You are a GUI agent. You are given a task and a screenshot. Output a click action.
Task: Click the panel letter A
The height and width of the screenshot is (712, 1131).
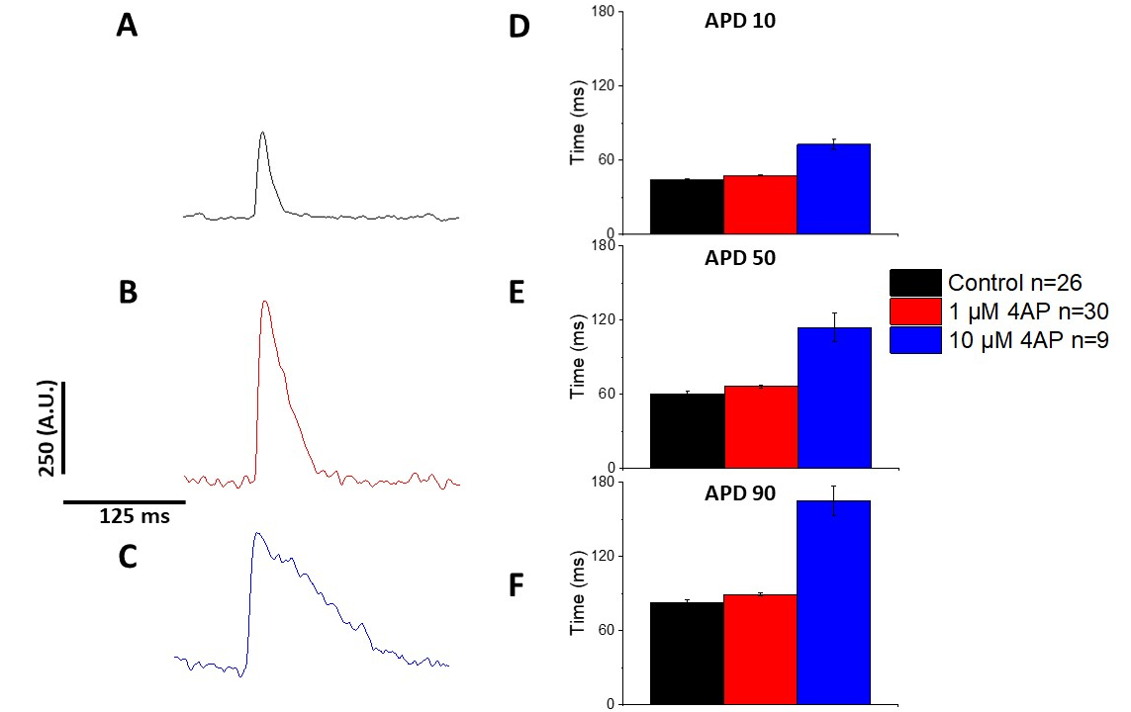(127, 26)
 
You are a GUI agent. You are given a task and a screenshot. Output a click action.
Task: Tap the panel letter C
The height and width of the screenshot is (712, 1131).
(127, 557)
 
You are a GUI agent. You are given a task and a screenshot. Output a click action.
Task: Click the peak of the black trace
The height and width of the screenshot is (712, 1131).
(262, 133)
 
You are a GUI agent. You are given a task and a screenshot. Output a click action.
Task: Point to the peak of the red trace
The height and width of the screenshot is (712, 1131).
(264, 302)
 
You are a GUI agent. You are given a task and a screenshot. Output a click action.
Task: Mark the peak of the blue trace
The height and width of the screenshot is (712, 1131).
(257, 533)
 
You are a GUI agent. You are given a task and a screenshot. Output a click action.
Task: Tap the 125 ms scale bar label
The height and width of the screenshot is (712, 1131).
(134, 516)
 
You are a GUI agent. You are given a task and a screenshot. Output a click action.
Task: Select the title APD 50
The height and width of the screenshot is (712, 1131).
(739, 259)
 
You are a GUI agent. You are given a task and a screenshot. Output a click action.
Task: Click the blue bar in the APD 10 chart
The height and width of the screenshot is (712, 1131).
(833, 189)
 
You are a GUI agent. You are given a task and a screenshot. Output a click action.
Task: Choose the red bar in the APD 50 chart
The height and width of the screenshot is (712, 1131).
(760, 426)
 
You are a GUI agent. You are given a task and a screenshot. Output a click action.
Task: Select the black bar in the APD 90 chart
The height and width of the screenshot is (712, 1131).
(687, 653)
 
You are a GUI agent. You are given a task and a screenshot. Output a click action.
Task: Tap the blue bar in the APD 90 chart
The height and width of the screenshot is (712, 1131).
(833, 602)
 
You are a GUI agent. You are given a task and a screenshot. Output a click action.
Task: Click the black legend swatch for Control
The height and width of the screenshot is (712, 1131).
(914, 283)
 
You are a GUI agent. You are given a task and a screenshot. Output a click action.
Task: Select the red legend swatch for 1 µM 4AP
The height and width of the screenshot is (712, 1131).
(914, 311)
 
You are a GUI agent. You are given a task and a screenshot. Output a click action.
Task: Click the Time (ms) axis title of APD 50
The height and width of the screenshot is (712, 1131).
(578, 366)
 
